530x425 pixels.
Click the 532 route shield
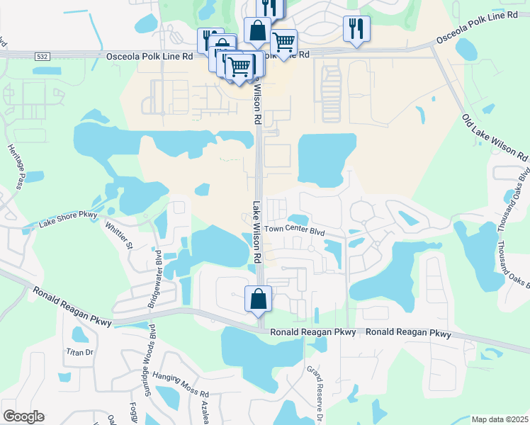[x=43, y=56]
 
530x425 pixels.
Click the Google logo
[x=23, y=416]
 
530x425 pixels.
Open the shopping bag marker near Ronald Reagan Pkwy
[x=258, y=297]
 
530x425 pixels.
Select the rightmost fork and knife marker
[x=356, y=28]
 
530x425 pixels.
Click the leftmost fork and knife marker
[x=210, y=39]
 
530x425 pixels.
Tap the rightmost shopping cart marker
[x=283, y=42]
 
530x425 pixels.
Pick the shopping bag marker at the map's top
[x=256, y=31]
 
